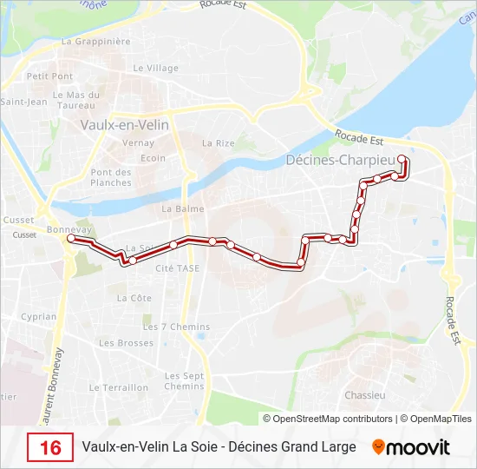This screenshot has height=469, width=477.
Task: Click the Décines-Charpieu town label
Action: tap(340, 160)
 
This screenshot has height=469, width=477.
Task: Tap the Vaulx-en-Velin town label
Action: tap(124, 124)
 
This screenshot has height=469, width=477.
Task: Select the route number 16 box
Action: tap(50, 447)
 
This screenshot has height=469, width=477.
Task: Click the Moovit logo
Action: tap(411, 447)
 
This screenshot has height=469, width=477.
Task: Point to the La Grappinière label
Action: tap(95, 41)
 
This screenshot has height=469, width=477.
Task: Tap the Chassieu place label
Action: tap(364, 394)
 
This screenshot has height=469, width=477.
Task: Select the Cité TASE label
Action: tap(177, 268)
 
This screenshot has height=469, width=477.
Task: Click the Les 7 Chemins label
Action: tap(176, 327)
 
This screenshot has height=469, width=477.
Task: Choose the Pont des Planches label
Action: tap(111, 177)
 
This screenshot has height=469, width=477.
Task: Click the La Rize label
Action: tap(219, 143)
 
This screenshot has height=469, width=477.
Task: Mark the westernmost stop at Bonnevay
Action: tap(72, 238)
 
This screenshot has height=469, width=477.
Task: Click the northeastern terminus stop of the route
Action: tap(402, 159)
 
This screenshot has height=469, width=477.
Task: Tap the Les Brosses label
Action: tap(126, 343)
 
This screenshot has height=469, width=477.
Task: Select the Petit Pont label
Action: tap(49, 76)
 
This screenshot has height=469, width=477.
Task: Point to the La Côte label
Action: tap(134, 298)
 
